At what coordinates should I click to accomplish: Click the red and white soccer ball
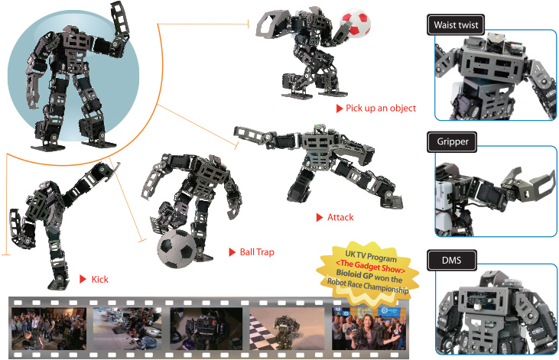[x=355, y=23]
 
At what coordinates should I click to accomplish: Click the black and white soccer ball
[x=177, y=249]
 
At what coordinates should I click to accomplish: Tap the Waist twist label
[x=456, y=24]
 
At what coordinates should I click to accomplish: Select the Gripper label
[x=452, y=141]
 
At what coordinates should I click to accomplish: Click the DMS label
[x=452, y=260]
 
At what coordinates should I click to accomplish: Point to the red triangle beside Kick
[x=83, y=279]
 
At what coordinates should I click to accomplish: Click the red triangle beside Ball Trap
[x=232, y=252]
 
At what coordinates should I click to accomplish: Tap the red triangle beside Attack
[x=320, y=217]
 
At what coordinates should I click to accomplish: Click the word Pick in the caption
[x=354, y=108]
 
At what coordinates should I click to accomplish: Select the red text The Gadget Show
[x=371, y=266]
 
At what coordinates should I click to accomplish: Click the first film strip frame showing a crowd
[x=49, y=329]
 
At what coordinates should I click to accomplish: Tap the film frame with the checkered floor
[x=287, y=329]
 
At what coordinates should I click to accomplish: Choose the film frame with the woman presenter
[x=369, y=329]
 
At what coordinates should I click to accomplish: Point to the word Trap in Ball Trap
[x=265, y=252]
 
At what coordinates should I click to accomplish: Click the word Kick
[x=100, y=279]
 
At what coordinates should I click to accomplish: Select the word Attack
[x=340, y=217]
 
